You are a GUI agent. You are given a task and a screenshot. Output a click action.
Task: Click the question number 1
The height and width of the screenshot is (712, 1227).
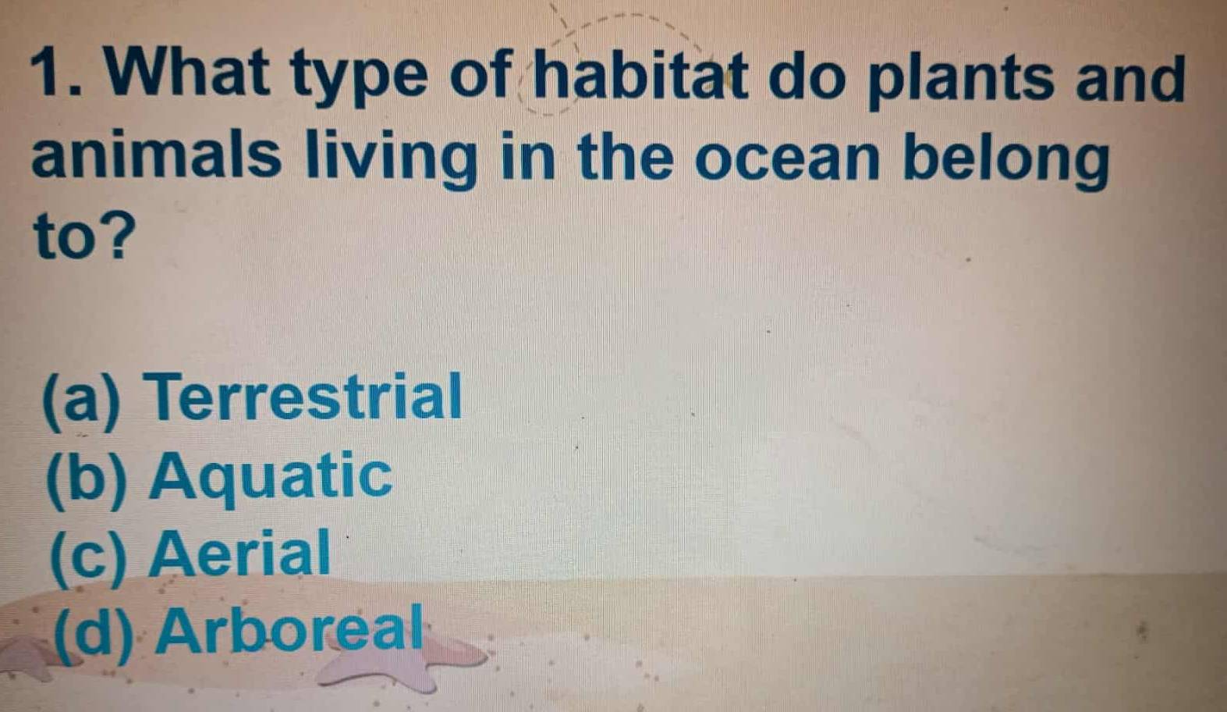click(55, 75)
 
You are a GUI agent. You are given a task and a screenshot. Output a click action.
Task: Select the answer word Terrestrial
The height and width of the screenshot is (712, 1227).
click(306, 397)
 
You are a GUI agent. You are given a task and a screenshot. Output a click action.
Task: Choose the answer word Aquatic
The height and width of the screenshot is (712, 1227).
click(271, 477)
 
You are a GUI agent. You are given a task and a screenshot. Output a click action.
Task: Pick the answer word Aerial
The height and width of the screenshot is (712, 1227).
click(240, 554)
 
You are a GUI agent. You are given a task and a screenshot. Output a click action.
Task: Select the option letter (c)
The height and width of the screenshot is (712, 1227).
click(87, 557)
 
